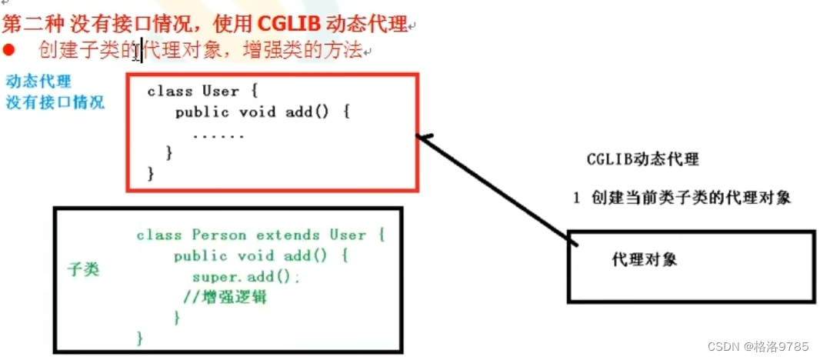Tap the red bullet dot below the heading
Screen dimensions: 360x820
click(9, 51)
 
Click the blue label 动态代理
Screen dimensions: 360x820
click(38, 81)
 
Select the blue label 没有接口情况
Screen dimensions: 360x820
click(55, 102)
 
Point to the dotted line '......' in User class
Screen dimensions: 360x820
click(218, 135)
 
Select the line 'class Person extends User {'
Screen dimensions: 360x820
click(260, 235)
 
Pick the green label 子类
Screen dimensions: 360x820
click(83, 270)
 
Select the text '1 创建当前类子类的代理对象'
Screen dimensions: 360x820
click(682, 197)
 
